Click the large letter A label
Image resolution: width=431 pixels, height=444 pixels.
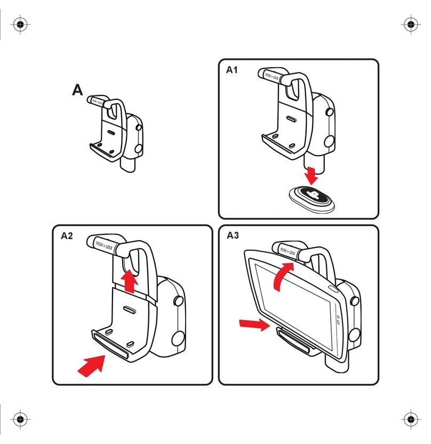pos(77,90)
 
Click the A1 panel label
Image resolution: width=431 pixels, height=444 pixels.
pos(232,70)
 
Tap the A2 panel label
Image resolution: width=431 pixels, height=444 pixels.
pos(67,235)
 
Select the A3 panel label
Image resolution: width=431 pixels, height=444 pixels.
pos(233,235)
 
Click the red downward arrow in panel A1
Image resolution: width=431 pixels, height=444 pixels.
pos(312,176)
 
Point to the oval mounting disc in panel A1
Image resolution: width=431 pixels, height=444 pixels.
pos(312,199)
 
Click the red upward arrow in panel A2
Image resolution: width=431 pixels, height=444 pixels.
pos(129,281)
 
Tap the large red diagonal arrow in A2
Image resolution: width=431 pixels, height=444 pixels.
pos(92,366)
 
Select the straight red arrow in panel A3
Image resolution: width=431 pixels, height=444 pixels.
pos(254,324)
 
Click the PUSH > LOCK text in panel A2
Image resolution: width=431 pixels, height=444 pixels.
pos(104,245)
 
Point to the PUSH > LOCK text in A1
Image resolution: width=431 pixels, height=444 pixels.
pos(272,76)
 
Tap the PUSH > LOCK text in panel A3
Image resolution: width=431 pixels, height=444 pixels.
pos(288,251)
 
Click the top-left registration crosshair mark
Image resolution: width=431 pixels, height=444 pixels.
pos(20,24)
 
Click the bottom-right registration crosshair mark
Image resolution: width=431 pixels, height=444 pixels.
pos(411,419)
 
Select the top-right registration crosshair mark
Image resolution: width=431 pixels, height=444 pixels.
pos(411,24)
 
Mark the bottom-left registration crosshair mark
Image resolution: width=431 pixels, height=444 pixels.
pos(20,419)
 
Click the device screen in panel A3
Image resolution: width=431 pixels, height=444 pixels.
pos(297,306)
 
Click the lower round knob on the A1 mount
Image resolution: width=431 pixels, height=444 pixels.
pos(330,141)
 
